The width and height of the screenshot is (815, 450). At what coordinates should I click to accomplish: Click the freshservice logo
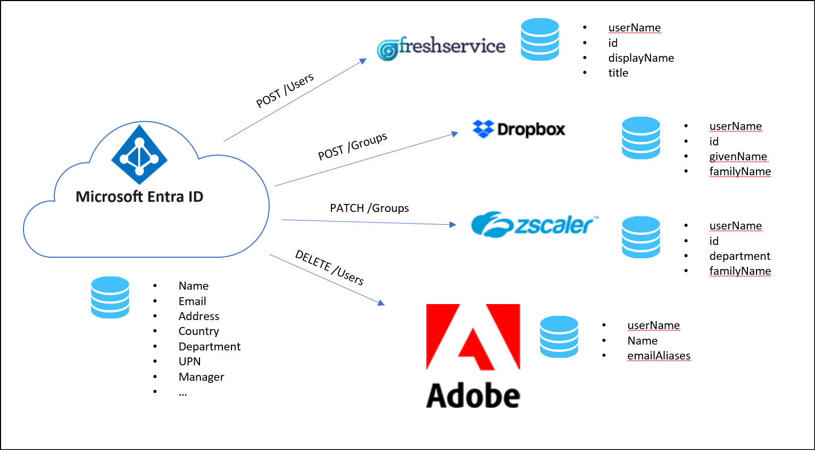point(441,47)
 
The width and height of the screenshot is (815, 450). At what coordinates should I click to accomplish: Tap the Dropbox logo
point(519,129)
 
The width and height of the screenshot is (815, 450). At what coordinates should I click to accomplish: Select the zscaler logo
point(535,225)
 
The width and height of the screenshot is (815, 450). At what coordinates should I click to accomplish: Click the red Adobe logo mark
point(473,337)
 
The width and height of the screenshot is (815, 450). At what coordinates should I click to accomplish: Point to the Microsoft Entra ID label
point(139,197)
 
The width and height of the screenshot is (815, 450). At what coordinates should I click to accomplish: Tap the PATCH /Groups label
point(369,208)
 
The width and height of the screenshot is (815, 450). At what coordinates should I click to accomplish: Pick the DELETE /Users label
point(329,268)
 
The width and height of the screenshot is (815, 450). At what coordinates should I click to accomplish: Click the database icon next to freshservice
point(540,39)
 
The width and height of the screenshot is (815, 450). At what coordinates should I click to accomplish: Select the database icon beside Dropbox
point(641,138)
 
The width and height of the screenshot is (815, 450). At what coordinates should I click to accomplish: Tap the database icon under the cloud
point(110,297)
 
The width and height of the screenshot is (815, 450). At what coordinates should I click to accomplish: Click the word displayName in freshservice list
point(641,58)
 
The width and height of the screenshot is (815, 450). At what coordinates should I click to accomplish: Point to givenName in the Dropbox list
point(738,157)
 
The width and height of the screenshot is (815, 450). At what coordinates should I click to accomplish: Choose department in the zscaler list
point(739,256)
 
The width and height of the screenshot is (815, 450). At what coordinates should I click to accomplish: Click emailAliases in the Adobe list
point(659,356)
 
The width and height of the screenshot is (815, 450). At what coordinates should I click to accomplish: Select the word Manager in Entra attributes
point(201,377)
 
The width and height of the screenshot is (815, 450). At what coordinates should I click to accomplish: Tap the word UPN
point(189,362)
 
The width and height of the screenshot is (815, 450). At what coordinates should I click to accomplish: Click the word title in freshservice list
point(618,73)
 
